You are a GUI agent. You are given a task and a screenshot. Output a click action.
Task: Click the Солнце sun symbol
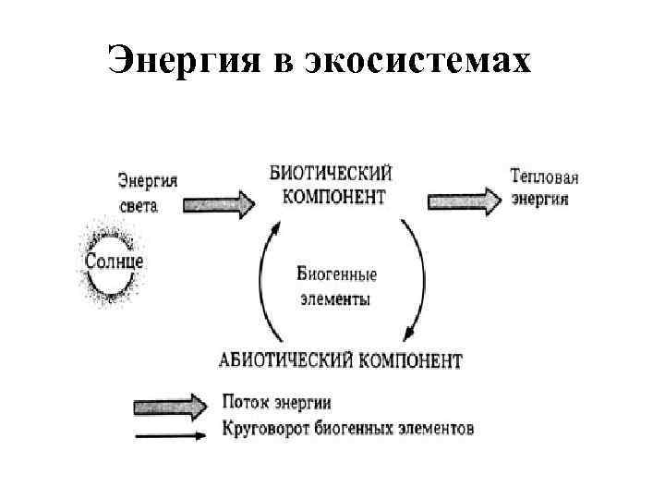[114, 260]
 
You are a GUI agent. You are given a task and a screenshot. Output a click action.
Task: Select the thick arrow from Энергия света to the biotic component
[220, 202]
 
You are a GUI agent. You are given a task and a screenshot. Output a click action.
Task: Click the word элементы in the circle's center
[334, 300]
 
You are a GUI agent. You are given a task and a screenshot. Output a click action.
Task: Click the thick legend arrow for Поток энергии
[172, 404]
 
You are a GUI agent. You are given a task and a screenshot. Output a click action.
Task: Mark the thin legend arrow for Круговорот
[172, 431]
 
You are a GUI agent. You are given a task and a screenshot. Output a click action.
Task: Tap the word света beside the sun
[139, 205]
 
